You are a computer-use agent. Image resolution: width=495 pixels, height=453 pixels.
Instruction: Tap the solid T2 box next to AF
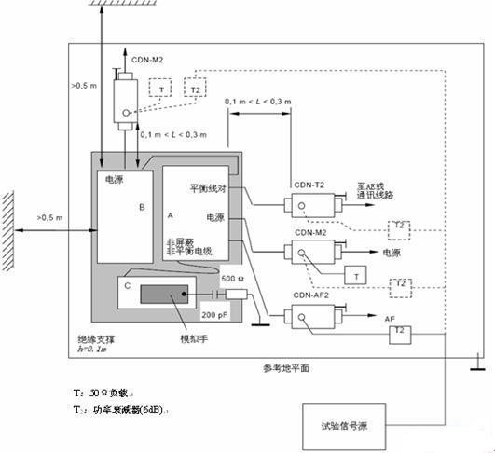coord(398,331)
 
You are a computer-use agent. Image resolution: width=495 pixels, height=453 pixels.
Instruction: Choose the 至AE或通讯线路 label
coord(377,192)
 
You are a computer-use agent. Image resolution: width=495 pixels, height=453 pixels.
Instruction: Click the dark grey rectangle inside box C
coord(163,296)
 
